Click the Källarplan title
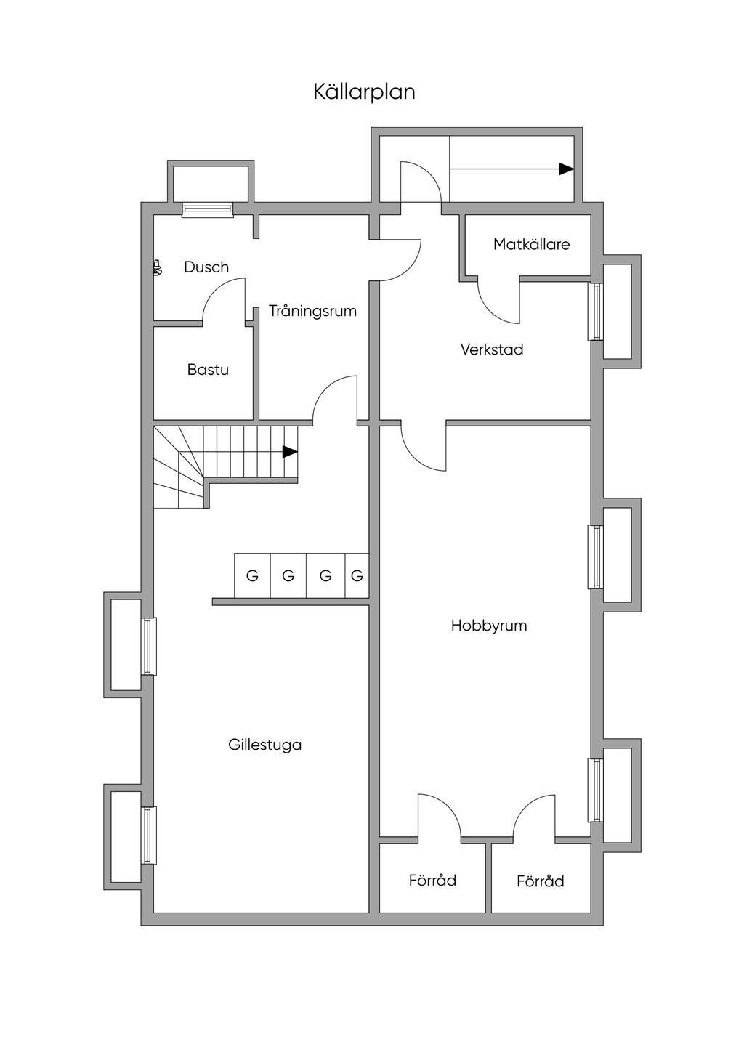click(365, 92)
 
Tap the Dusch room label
click(206, 267)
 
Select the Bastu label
click(208, 370)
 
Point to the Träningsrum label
click(313, 311)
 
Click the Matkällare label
click(531, 244)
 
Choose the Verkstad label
click(492, 349)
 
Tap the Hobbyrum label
click(489, 626)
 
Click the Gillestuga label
click(265, 745)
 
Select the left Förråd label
click(432, 880)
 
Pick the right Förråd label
click(540, 881)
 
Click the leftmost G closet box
click(252, 575)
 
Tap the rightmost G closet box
click(357, 575)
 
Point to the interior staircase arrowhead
click(290, 452)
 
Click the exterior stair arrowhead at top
click(567, 169)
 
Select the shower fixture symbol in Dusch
click(158, 267)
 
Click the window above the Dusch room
click(208, 209)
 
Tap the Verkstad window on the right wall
click(596, 312)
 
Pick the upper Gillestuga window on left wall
click(149, 646)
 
